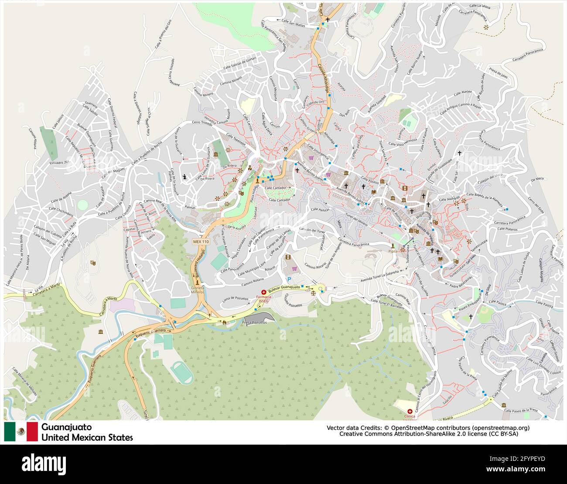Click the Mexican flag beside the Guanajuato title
pos(21,432)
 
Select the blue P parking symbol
pos(289,279)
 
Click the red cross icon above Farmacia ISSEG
pos(263,292)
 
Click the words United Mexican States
pos(87,437)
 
